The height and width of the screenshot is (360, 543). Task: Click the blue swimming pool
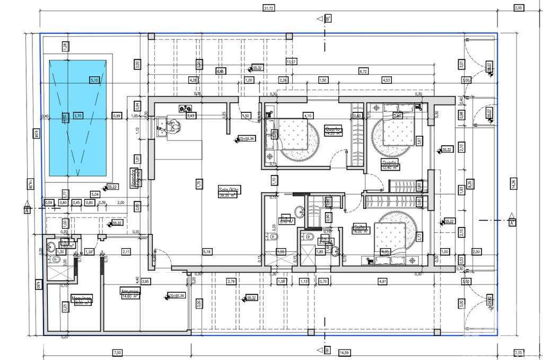[81, 118]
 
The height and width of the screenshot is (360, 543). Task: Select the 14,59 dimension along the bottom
[345, 352]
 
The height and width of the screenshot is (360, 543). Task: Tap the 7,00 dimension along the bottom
[118, 352]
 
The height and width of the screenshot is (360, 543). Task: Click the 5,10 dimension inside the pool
[94, 81]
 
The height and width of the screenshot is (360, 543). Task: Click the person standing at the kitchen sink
[172, 127]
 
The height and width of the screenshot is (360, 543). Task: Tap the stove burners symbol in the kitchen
[186, 109]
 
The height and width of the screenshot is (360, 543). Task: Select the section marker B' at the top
[324, 19]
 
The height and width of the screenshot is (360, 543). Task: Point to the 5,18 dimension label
[207, 251]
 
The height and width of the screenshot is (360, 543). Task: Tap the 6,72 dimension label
[363, 71]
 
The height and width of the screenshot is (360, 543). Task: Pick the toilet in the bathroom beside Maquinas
[56, 260]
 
